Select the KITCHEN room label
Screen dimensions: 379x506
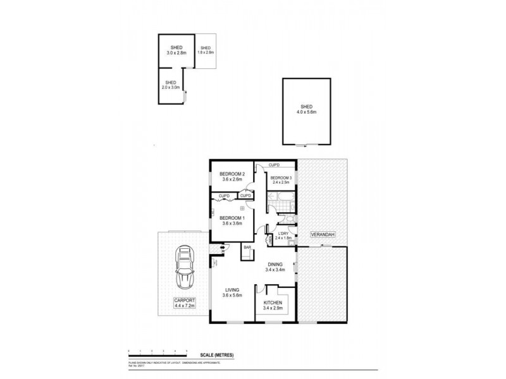(276, 303)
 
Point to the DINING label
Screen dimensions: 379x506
(276, 264)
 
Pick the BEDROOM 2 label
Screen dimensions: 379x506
(231, 174)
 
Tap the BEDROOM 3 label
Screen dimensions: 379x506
(281, 178)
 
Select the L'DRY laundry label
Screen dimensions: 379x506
(283, 234)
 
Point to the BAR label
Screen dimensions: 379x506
(249, 248)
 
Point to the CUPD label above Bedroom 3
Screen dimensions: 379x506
(275, 165)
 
